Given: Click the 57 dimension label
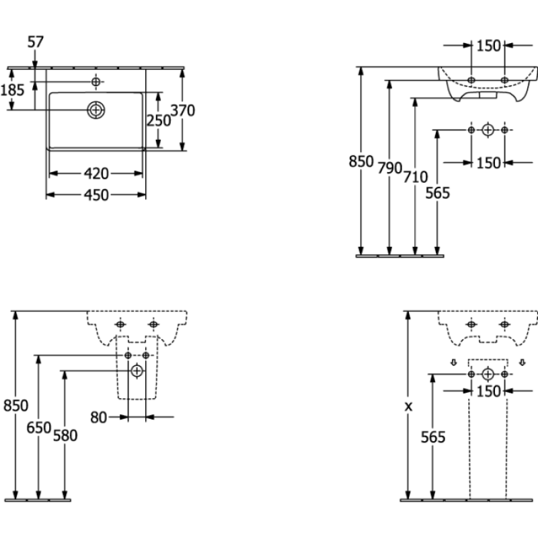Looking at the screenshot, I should [x=36, y=42].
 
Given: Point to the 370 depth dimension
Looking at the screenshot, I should [x=183, y=110].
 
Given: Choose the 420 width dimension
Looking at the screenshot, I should [x=96, y=174].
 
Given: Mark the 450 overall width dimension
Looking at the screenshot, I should [x=96, y=194].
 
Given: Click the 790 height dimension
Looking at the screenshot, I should [x=389, y=167].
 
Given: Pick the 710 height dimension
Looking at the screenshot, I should [x=416, y=176].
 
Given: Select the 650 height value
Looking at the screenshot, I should [x=38, y=428].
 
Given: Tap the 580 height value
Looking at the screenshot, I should [x=65, y=435].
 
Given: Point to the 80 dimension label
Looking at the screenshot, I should [x=98, y=418].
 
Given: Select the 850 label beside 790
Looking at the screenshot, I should [x=361, y=161].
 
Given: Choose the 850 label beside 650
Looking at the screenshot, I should [x=15, y=405].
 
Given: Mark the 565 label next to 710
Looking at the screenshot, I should [x=438, y=193].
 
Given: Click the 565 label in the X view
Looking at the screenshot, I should [x=433, y=437].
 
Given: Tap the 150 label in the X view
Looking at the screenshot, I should [x=488, y=391].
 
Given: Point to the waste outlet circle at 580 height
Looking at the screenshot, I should [x=137, y=370].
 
